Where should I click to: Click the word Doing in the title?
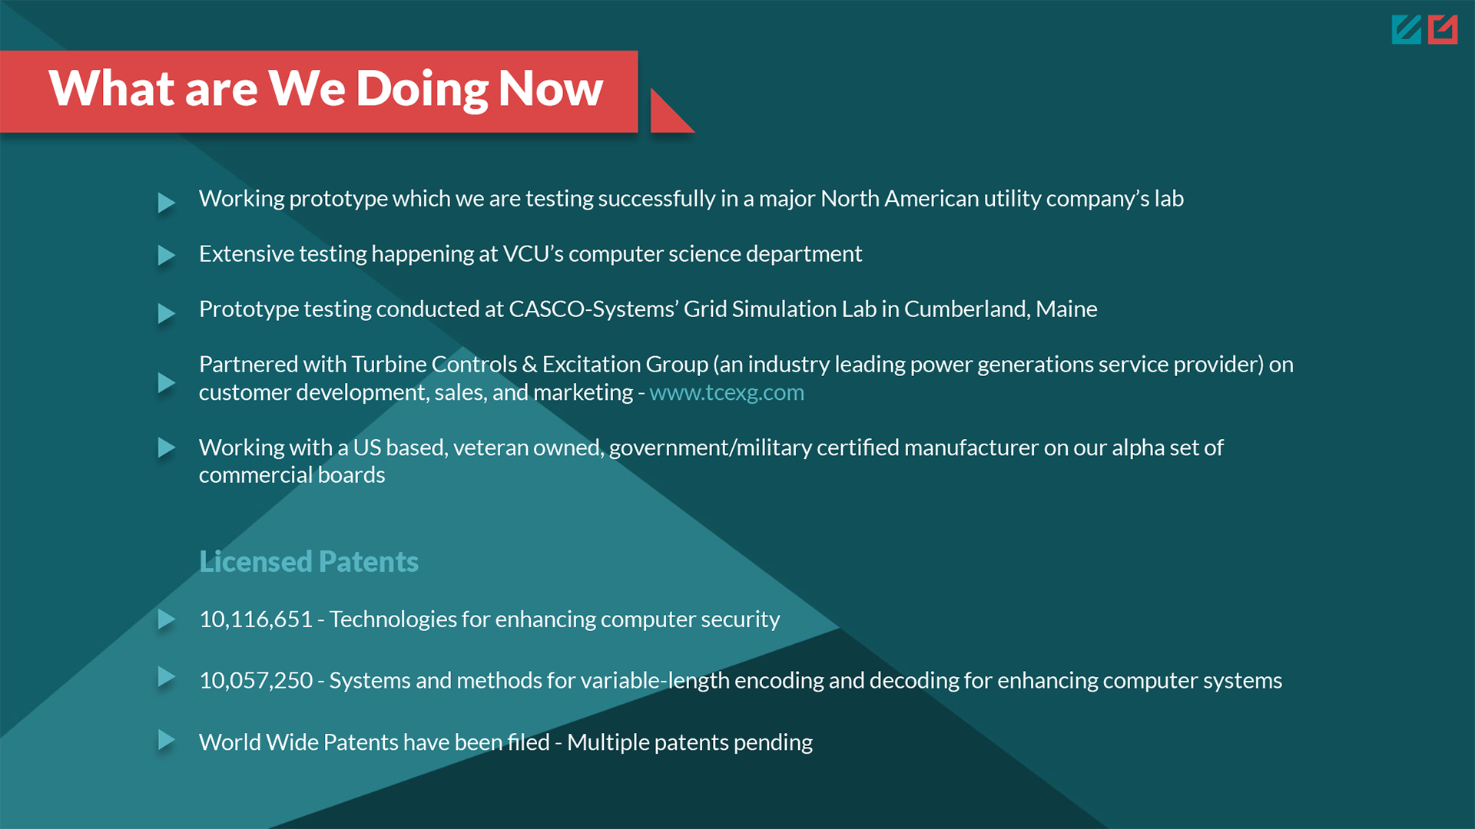[422, 90]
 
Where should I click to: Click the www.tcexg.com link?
[727, 392]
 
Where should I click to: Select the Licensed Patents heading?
[309, 562]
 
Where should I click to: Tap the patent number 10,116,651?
[256, 619]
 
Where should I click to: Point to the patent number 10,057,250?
[256, 680]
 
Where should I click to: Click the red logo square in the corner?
[1443, 30]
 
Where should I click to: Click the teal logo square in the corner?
[1407, 30]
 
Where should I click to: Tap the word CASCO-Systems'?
[594, 309]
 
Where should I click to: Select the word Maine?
[1066, 309]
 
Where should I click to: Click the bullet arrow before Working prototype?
[167, 203]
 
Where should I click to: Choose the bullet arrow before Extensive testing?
[167, 255]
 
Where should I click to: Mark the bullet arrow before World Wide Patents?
[167, 740]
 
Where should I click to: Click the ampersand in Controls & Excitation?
[530, 364]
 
